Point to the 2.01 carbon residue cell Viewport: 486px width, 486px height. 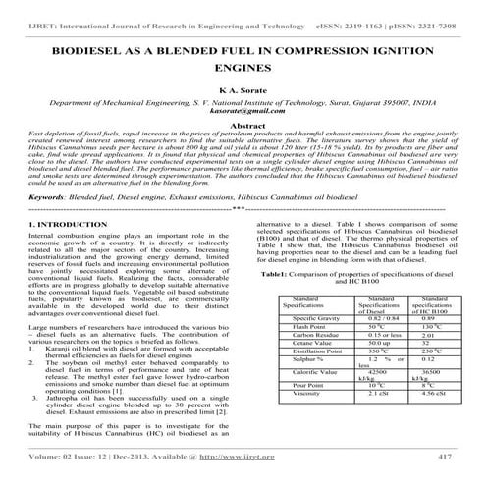click(403, 335)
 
